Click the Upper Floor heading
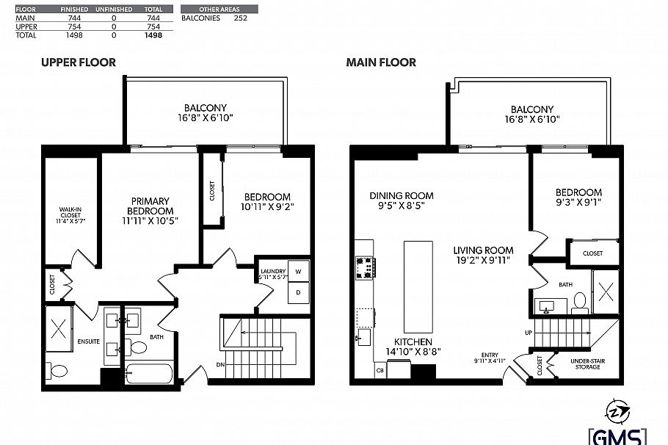coord(78,62)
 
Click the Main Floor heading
coord(381,62)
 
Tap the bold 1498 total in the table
coord(153,34)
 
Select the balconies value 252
coord(239,18)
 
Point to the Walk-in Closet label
coord(70,214)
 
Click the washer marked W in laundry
coord(299,269)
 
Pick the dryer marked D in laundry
coord(299,292)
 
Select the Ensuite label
coord(88,341)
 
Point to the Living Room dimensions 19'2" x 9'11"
coord(482,260)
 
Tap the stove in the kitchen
coord(364,269)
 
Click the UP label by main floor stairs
coord(528,333)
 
